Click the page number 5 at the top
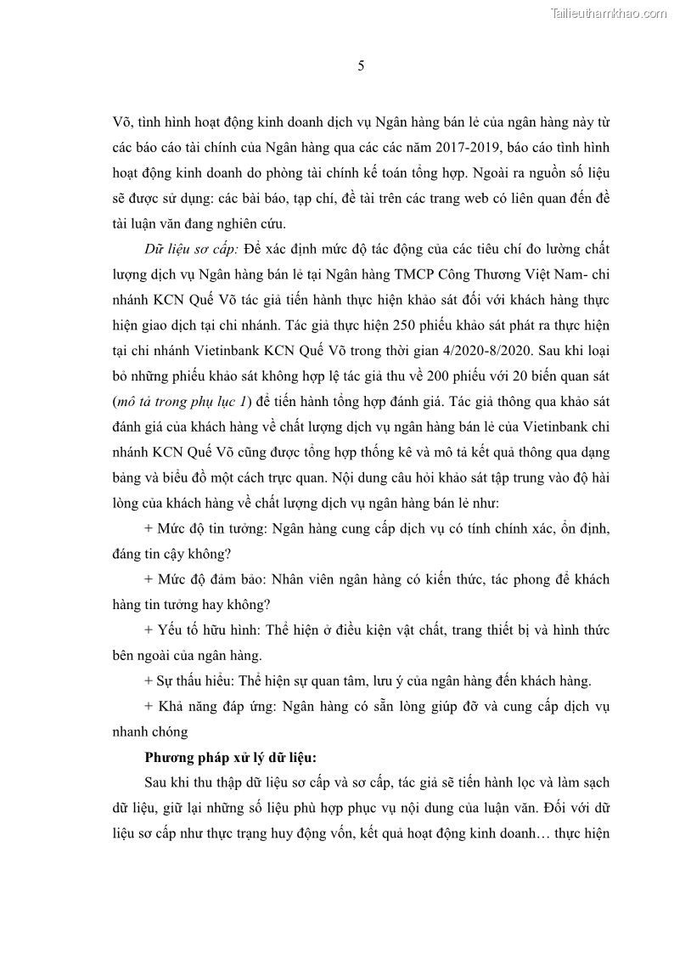[361, 67]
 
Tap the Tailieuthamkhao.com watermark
[609, 13]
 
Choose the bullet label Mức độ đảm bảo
[208, 579]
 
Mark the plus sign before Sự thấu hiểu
[149, 681]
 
